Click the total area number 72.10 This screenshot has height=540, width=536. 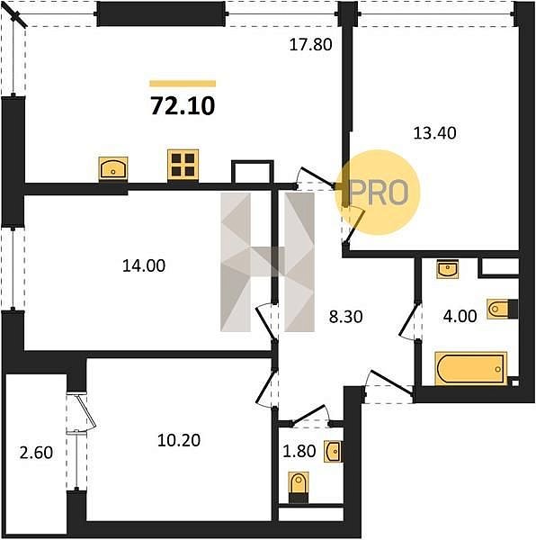pos(183,105)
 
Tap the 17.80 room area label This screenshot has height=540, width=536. pos(310,45)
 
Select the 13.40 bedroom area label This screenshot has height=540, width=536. pos(435,133)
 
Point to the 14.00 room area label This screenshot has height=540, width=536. pos(144,265)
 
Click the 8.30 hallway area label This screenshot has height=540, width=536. pos(345,317)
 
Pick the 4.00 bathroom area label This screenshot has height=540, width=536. pos(460,316)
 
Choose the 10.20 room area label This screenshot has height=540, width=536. pos(179,440)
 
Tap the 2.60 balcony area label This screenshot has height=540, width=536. pos(37,453)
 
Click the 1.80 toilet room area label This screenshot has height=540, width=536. pos(299,451)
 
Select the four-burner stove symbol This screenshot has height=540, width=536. pos(183,165)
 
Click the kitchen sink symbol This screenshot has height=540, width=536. pos(113,168)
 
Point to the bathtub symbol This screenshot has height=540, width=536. pos(470,368)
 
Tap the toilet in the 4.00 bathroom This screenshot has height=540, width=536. pos(503,309)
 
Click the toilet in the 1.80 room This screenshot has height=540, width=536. pos(299,488)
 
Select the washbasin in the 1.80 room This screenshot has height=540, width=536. pos(333,451)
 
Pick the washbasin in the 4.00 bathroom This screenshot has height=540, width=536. pos(447,269)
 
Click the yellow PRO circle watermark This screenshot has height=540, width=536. pos(379,193)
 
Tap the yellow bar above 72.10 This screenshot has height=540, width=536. pos(183,84)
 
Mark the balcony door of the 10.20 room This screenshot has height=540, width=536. pos(86,412)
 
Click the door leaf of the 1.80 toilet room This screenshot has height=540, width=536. pos(309,414)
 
